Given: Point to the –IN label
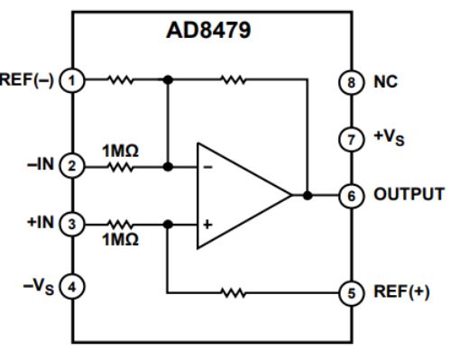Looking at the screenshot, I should (x=43, y=166).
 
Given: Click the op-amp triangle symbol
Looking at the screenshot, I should (x=240, y=194).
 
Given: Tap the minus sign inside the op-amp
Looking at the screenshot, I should (x=208, y=168).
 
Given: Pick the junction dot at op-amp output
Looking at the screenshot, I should (x=308, y=194).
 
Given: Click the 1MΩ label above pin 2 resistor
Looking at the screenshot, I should (x=119, y=151).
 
